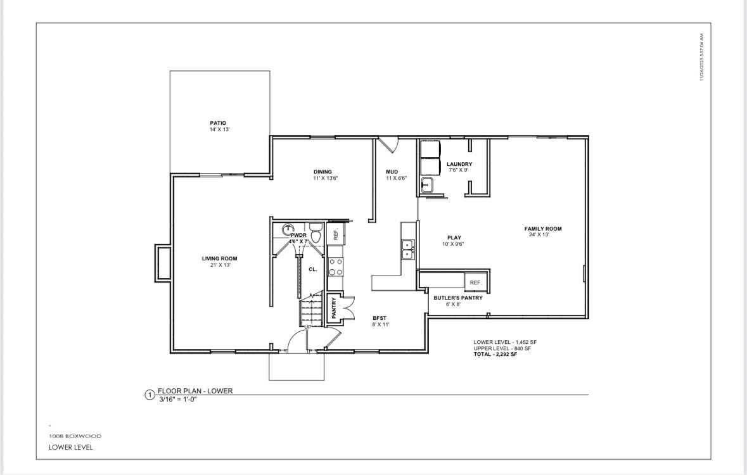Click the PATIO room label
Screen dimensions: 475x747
point(218,123)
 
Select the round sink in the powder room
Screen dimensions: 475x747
point(289,228)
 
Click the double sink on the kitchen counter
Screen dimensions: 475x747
point(408,250)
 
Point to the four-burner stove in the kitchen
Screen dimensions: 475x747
point(336,267)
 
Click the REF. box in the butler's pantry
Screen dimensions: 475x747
point(475,282)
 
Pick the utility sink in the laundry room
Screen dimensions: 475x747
point(427,186)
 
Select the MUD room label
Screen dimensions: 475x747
point(392,172)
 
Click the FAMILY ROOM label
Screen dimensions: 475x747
point(542,229)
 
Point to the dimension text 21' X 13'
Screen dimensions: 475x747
point(219,265)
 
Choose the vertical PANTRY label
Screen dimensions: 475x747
point(334,308)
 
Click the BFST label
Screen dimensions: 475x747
point(380,318)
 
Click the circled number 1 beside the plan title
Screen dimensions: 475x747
point(150,395)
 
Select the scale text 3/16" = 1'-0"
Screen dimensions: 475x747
point(178,399)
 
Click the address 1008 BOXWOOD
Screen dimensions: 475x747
point(75,436)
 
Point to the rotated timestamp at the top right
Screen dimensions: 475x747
point(702,58)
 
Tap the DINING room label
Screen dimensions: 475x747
point(322,172)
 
